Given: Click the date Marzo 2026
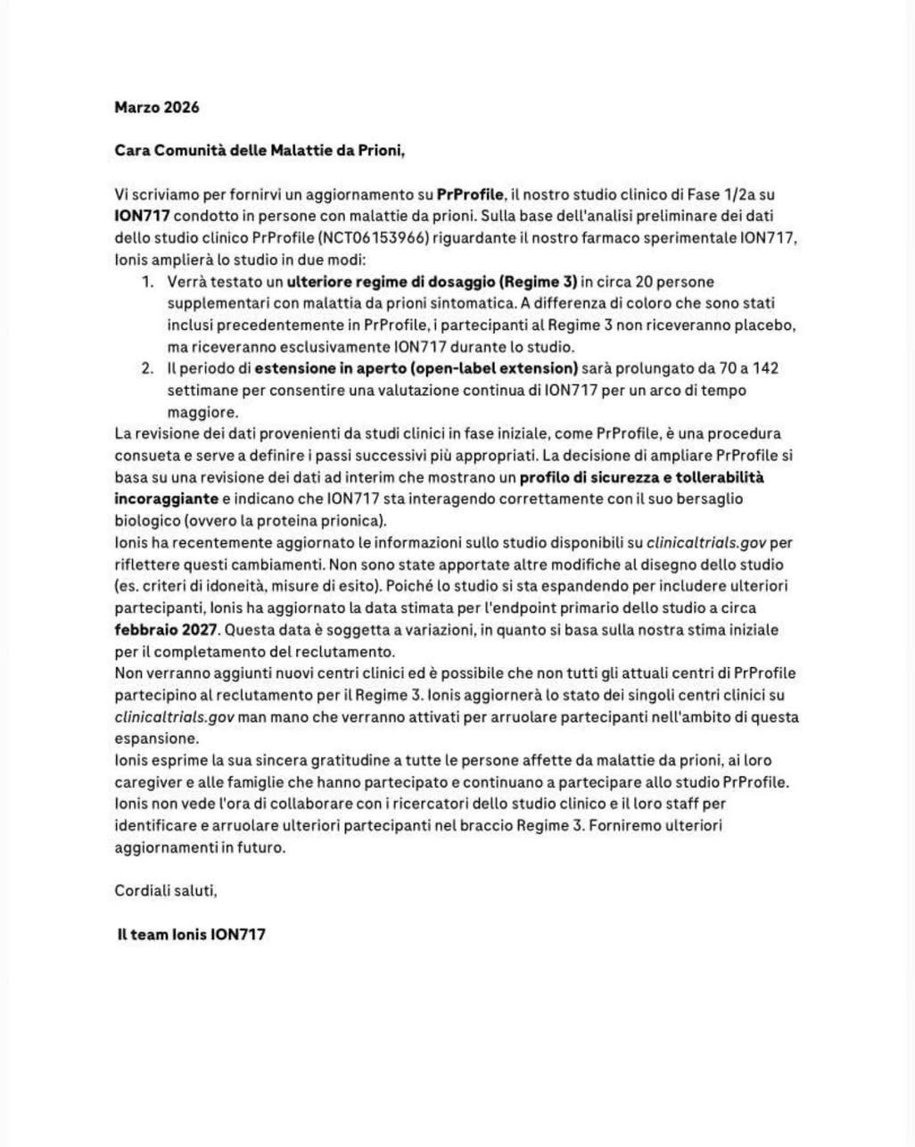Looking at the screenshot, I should (x=157, y=107).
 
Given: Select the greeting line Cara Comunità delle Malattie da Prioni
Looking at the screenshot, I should (x=260, y=150).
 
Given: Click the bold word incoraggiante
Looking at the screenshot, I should (x=167, y=499).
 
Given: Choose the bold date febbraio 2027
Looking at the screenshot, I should (x=166, y=630).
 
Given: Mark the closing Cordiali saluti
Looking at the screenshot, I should (x=166, y=890).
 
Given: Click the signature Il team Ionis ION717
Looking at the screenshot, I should (x=191, y=934).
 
